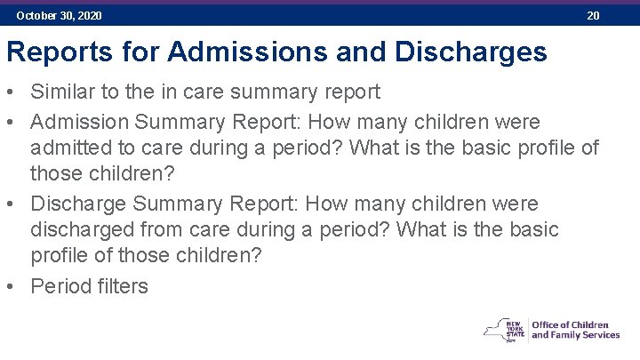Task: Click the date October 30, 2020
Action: tap(59, 16)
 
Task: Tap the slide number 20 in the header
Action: tap(593, 16)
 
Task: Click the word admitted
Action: tap(68, 148)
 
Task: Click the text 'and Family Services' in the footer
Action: tap(575, 335)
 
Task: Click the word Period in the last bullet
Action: tap(58, 285)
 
